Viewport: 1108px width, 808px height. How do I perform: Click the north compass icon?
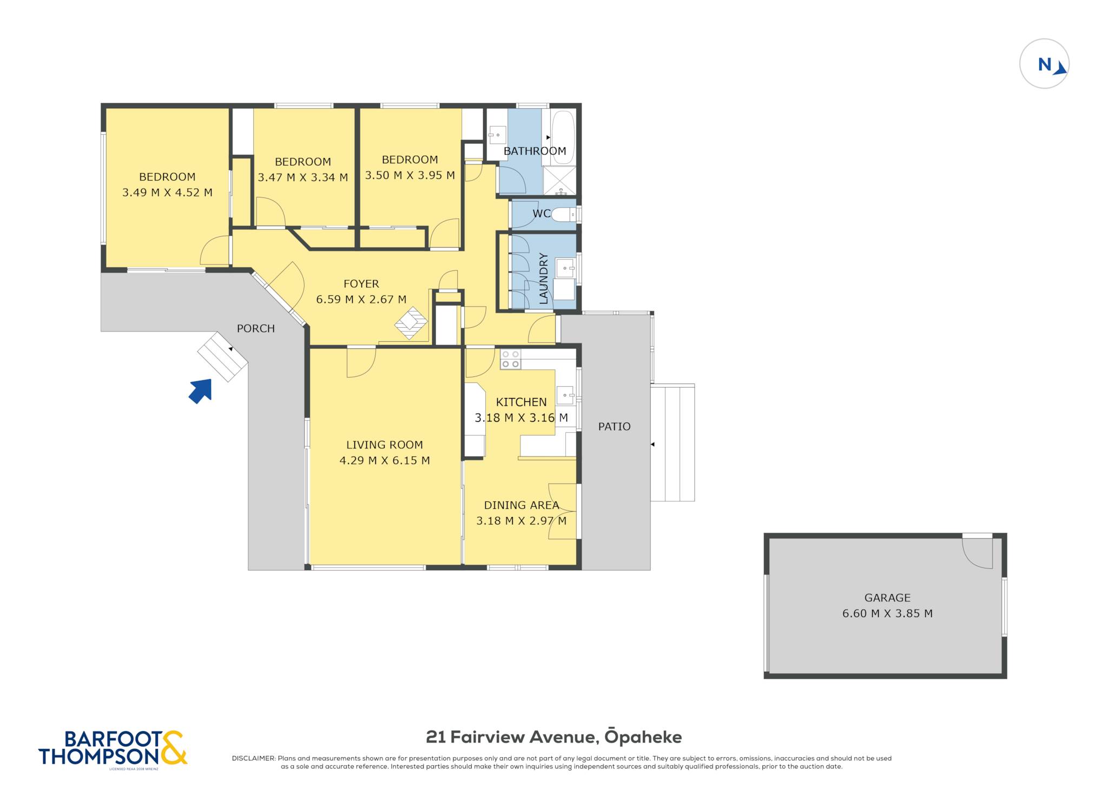(1044, 64)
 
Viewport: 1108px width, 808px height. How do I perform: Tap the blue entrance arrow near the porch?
(201, 391)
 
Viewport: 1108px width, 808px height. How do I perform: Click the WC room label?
(541, 214)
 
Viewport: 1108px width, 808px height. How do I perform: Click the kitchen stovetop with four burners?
(510, 360)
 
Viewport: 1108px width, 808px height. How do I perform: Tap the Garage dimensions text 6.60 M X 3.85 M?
(887, 613)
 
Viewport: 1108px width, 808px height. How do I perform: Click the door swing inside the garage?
(977, 553)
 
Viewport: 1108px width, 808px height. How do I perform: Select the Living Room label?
(385, 445)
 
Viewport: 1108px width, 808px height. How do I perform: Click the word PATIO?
(614, 427)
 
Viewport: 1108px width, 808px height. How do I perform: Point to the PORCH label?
(256, 329)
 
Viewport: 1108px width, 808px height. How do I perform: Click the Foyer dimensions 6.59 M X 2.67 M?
(361, 300)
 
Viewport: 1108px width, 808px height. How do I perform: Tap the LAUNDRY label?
(544, 279)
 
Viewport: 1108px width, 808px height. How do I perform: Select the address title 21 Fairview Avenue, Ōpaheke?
(554, 737)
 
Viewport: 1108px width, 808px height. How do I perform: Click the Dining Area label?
(522, 505)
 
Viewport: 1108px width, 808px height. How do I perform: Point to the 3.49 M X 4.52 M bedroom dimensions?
(167, 193)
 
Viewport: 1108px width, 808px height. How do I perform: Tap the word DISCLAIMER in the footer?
(254, 758)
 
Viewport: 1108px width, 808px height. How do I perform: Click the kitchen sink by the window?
(565, 395)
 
